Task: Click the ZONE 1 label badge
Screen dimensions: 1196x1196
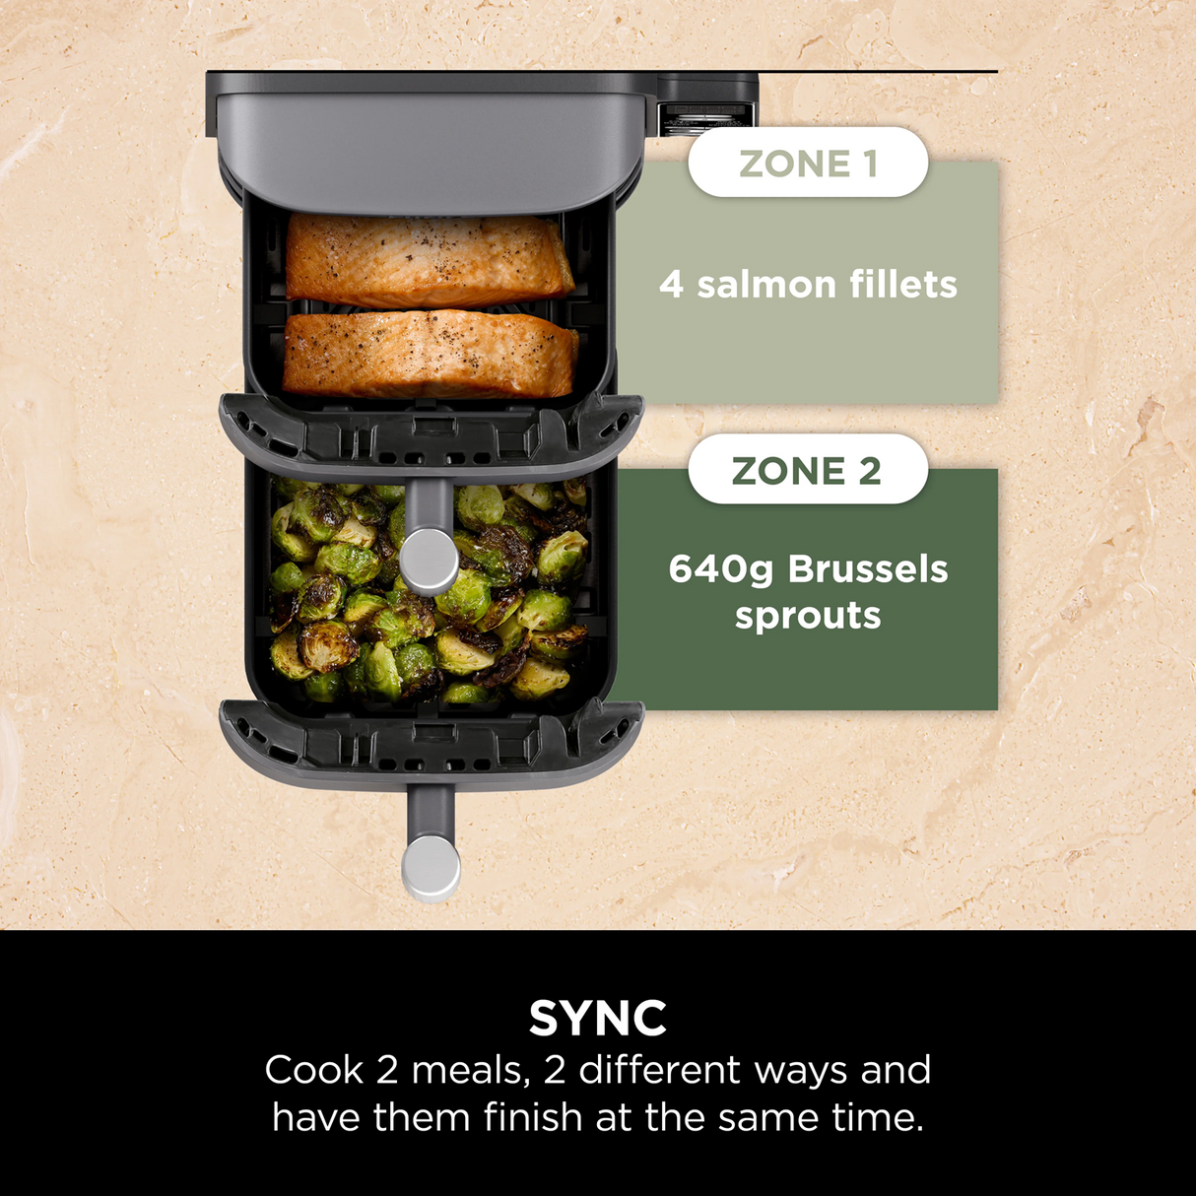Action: tap(808, 163)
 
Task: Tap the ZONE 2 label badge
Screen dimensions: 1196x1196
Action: tap(808, 470)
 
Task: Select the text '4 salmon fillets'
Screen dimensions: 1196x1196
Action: tap(808, 285)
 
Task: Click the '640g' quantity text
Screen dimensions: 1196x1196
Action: tap(722, 569)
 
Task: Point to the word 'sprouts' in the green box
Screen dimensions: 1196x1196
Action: tap(808, 617)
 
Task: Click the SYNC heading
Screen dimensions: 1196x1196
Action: tap(597, 1018)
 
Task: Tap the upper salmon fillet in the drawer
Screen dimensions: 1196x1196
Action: tap(429, 259)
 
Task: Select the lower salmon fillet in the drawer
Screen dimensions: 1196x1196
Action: tap(431, 353)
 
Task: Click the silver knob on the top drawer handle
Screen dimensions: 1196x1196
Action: tap(431, 560)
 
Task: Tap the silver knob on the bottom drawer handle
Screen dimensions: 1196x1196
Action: tap(431, 867)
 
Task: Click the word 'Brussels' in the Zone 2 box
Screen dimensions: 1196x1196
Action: tap(867, 569)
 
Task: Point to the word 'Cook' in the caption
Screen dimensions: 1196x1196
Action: tap(313, 1070)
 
